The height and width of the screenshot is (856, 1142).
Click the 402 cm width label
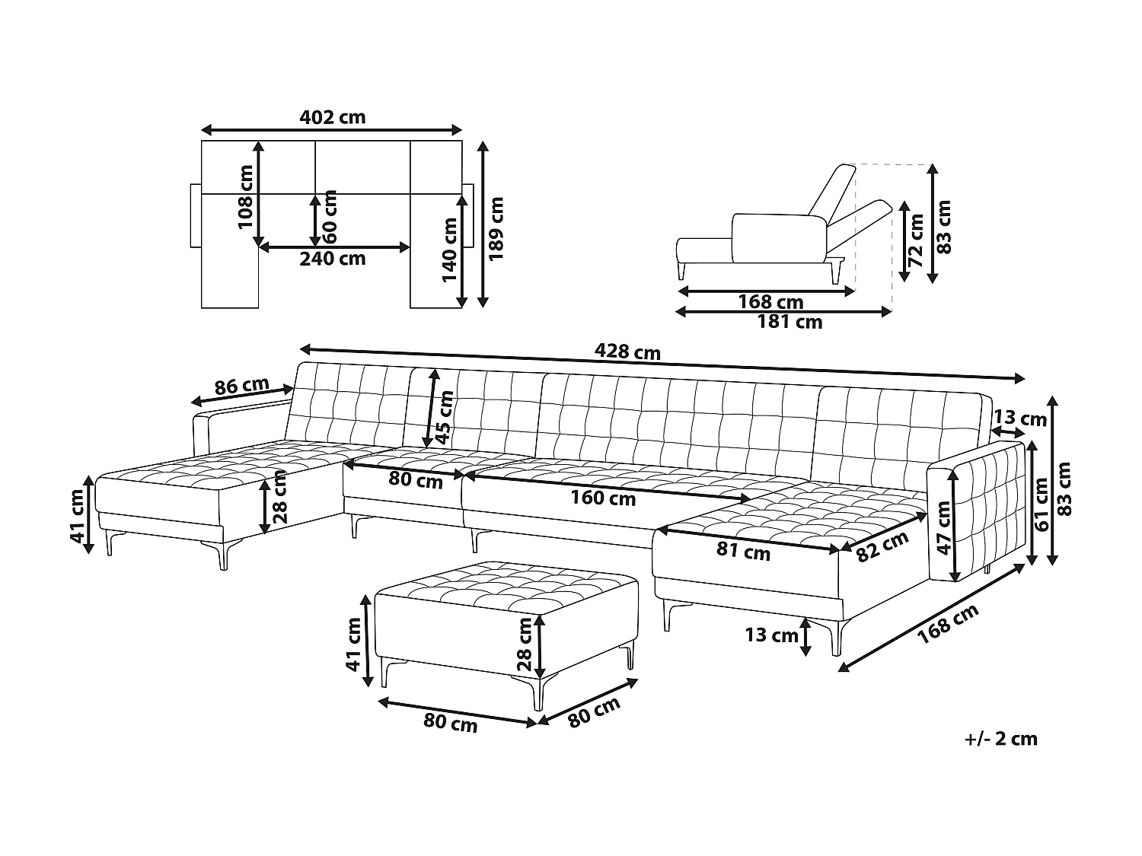332,117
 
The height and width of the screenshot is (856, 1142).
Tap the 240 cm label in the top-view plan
332,259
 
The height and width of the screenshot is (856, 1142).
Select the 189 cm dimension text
496,228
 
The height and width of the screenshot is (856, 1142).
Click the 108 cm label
245,196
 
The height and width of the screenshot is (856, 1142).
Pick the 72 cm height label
916,240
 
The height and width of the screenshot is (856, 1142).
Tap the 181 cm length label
790,322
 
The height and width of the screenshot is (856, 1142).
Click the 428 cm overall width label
627,352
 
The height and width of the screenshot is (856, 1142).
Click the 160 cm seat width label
603,498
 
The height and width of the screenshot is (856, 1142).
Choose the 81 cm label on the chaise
744,551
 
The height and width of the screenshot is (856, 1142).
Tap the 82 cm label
882,546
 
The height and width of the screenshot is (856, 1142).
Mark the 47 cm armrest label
944,527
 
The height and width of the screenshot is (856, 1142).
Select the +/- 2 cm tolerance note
1000,739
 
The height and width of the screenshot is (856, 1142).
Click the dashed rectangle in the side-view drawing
892,228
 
